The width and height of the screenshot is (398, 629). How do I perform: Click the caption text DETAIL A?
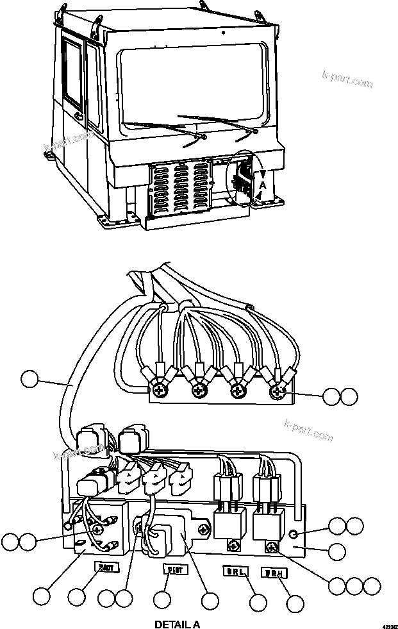coord(178,624)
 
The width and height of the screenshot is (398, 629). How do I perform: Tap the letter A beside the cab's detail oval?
coord(261,185)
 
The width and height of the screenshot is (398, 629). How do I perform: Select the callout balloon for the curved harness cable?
coord(29,378)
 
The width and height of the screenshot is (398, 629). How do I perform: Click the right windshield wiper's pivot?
coord(255,131)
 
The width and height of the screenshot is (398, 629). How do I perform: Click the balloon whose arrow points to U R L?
coord(258,603)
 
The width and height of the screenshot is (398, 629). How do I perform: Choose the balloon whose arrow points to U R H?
coord(295,603)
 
